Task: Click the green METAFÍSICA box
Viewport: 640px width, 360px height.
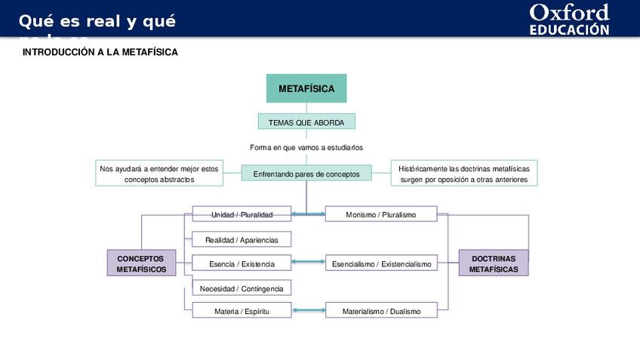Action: pos(306,88)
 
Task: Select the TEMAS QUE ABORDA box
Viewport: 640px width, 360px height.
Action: pos(306,122)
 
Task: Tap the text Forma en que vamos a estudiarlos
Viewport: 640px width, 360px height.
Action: pos(306,147)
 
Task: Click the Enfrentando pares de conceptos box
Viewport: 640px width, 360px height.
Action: pos(306,174)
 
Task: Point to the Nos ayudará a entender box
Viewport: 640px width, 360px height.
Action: pos(159,174)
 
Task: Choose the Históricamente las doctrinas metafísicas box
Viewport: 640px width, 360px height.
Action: pos(463,174)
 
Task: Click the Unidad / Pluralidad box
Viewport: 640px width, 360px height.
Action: pos(242,214)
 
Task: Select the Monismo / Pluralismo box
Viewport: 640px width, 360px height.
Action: pos(380,214)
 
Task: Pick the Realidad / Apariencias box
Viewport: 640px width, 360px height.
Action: pos(242,240)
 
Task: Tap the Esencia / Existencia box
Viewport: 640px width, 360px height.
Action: pos(242,263)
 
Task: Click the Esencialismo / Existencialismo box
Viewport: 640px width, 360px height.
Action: pos(381,263)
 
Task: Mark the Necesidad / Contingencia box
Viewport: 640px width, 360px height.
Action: pos(242,288)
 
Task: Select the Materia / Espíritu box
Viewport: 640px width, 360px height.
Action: pos(242,310)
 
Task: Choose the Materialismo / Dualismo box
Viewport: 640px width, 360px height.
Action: pos(381,310)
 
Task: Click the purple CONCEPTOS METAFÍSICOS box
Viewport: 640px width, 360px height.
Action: pos(141,263)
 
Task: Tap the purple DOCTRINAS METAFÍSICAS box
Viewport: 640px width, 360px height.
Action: pos(494,263)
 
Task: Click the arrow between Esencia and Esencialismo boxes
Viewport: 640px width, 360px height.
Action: pos(308,263)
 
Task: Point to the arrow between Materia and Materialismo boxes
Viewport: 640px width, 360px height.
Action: pos(308,310)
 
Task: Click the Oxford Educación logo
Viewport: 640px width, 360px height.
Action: pos(568,20)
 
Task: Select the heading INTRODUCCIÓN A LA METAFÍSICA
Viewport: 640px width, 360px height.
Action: pos(100,52)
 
